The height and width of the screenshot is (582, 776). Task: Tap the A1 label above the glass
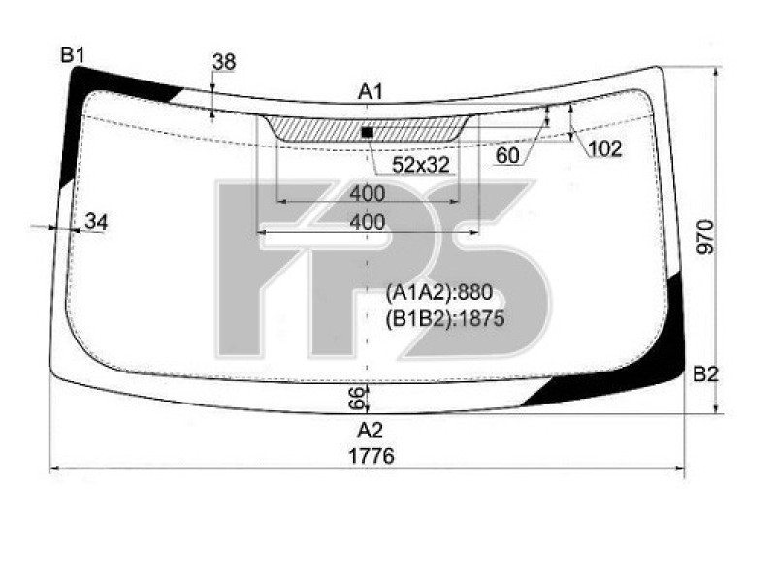371,92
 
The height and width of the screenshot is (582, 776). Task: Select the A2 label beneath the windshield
370,430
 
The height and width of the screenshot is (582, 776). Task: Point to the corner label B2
705,374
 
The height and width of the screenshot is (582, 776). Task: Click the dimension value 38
224,63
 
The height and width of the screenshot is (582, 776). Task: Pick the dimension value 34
95,222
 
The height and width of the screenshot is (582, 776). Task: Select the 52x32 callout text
420,165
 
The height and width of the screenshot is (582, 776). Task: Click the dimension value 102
604,148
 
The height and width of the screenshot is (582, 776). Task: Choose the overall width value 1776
370,456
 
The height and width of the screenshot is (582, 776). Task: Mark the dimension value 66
356,396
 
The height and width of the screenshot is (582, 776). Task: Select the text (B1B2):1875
445,318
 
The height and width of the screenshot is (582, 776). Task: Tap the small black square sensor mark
367,131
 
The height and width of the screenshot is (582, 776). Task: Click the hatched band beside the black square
310,128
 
